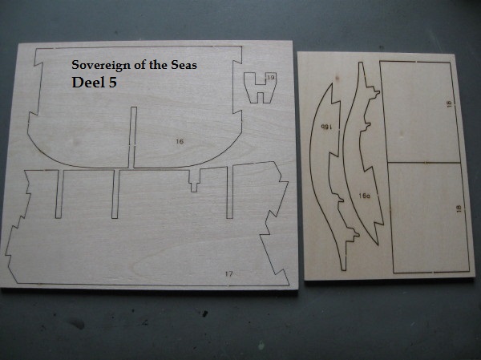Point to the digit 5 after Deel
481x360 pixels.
[112, 83]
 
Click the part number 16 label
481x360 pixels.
[180, 141]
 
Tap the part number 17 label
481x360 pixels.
[228, 273]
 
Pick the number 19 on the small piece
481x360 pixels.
[271, 78]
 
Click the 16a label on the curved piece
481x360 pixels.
[365, 196]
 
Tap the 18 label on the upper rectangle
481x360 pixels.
[449, 103]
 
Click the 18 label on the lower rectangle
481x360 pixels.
[459, 208]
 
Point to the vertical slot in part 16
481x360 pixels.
[132, 137]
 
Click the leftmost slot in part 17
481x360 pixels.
[59, 194]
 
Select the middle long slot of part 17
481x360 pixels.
[115, 194]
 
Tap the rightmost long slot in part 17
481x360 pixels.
[230, 192]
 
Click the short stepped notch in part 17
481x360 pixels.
[195, 180]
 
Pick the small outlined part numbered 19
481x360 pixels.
[260, 87]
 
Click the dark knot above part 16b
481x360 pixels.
[338, 78]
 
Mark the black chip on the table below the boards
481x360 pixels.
[205, 313]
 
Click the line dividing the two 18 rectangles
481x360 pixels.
[424, 162]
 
